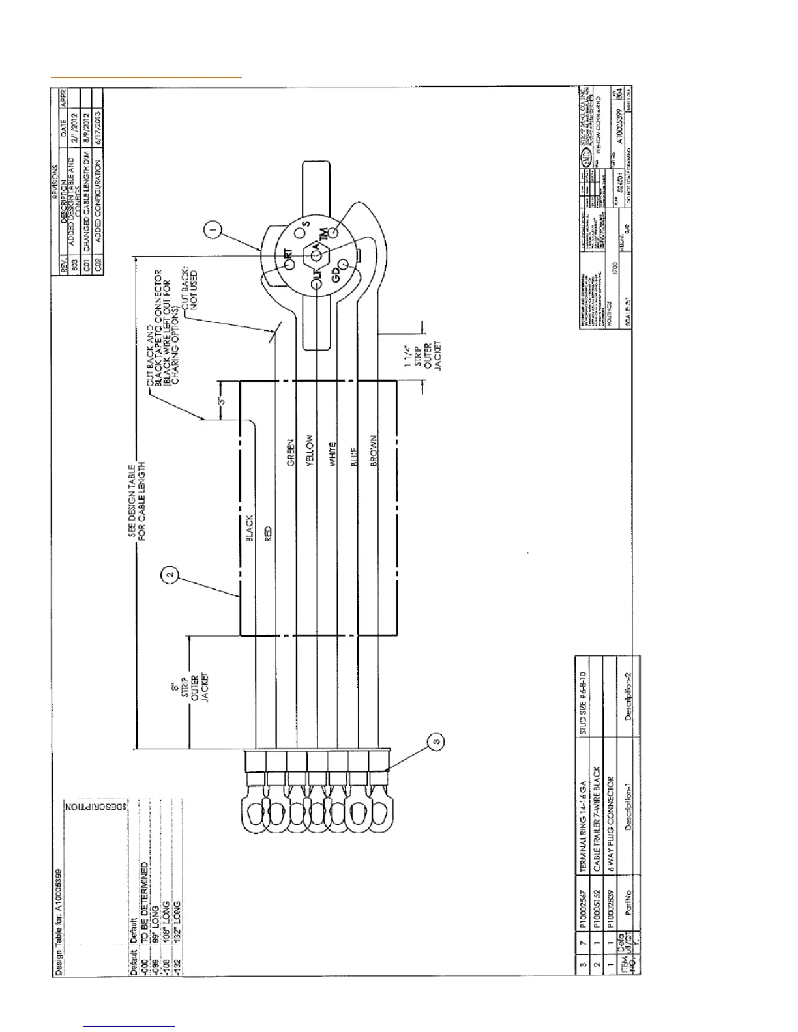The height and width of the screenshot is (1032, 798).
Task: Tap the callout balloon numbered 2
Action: point(170,574)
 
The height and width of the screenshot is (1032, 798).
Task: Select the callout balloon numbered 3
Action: point(437,741)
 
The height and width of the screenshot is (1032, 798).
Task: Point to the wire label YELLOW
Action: point(310,451)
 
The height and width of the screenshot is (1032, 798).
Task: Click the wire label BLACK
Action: point(249,529)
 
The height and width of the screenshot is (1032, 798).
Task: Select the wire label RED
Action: point(268,533)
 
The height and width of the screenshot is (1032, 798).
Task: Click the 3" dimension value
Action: point(221,401)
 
